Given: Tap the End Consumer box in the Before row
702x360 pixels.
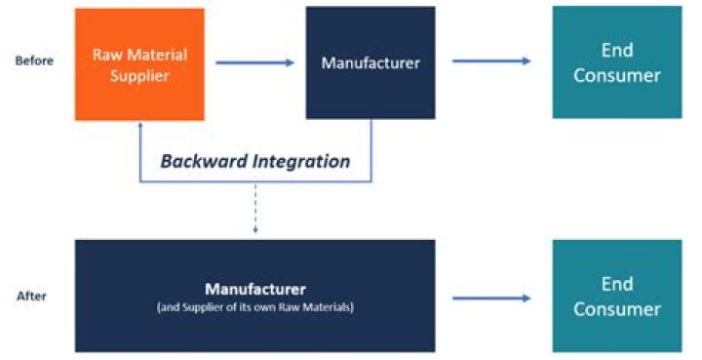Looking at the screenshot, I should point(616,62).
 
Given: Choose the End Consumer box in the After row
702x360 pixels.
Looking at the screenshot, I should point(616,296).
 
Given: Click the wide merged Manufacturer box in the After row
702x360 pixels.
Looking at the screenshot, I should point(254,296).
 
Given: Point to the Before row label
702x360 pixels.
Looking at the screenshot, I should point(34,60).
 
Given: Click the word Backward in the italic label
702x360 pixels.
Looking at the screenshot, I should point(201,162).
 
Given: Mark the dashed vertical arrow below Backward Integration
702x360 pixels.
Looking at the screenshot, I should point(255,210).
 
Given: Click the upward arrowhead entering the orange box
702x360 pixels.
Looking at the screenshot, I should point(141,127).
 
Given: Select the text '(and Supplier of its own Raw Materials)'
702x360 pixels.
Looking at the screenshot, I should point(254,306).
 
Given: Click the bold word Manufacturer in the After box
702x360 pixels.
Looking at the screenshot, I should point(254,289).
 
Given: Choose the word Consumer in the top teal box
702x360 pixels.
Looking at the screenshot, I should point(616,75).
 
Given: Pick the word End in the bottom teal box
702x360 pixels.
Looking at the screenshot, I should point(616,284).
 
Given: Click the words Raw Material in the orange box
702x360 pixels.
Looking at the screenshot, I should point(139,55).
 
